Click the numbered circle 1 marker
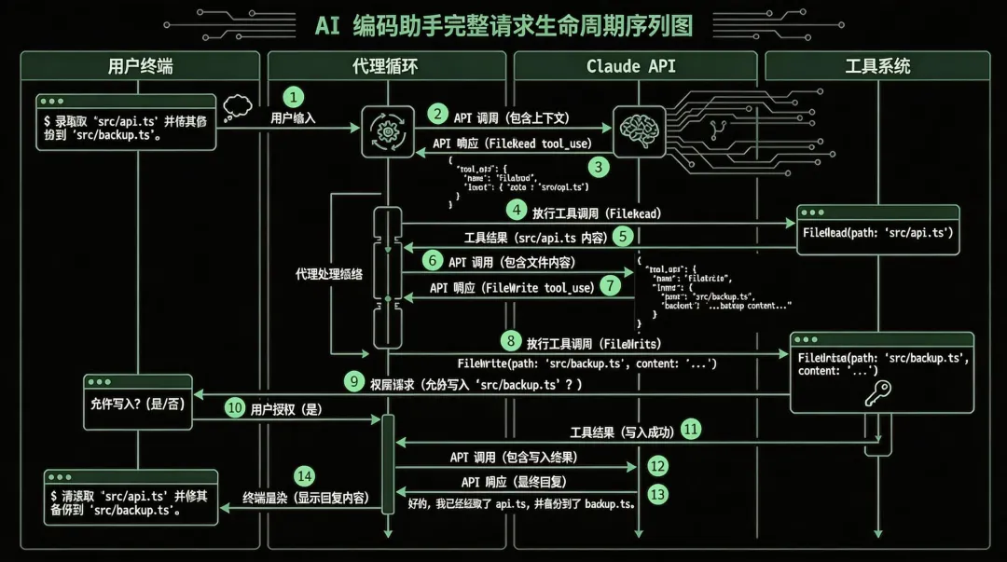coord(294,97)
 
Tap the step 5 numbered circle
coord(623,237)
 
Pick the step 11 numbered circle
coord(691,430)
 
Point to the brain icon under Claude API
coord(638,127)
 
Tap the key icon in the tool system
coord(877,392)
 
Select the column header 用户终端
coord(140,66)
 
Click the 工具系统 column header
coord(877,66)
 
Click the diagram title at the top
coord(504,25)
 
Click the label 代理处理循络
coord(329,274)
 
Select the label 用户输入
coord(293,118)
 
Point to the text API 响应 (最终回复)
coord(514,482)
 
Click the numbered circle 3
coord(598,167)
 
